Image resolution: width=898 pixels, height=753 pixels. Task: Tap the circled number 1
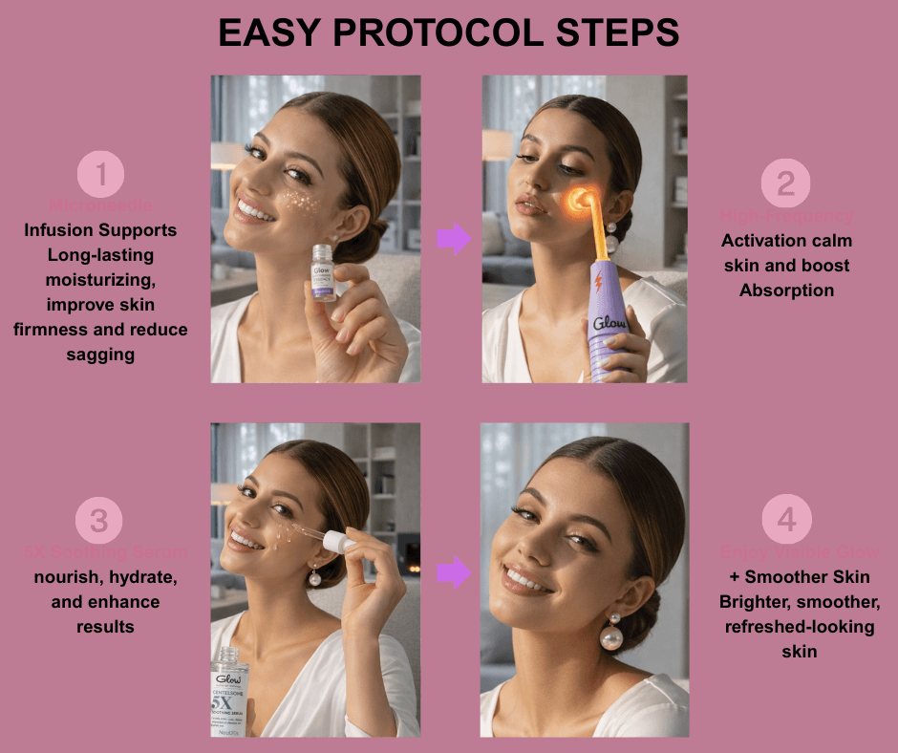pos(100,175)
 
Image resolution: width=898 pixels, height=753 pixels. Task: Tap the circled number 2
pos(785,183)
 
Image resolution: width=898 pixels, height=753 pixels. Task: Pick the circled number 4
pos(786,520)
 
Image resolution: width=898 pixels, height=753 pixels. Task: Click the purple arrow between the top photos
pos(454,239)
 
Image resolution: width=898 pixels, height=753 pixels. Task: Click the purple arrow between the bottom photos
pos(454,573)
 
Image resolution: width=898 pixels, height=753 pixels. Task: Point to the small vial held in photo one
pos(323,274)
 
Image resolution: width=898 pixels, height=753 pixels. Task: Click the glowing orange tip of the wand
pos(579,200)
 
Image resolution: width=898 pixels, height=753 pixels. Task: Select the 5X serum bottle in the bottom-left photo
pos(229,693)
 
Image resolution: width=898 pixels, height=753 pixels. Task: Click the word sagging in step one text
pos(100,355)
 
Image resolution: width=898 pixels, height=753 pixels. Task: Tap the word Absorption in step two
pos(786,290)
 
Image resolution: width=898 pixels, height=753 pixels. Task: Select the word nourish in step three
pos(67,577)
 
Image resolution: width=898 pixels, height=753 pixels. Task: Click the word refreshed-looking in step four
pos(785,627)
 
